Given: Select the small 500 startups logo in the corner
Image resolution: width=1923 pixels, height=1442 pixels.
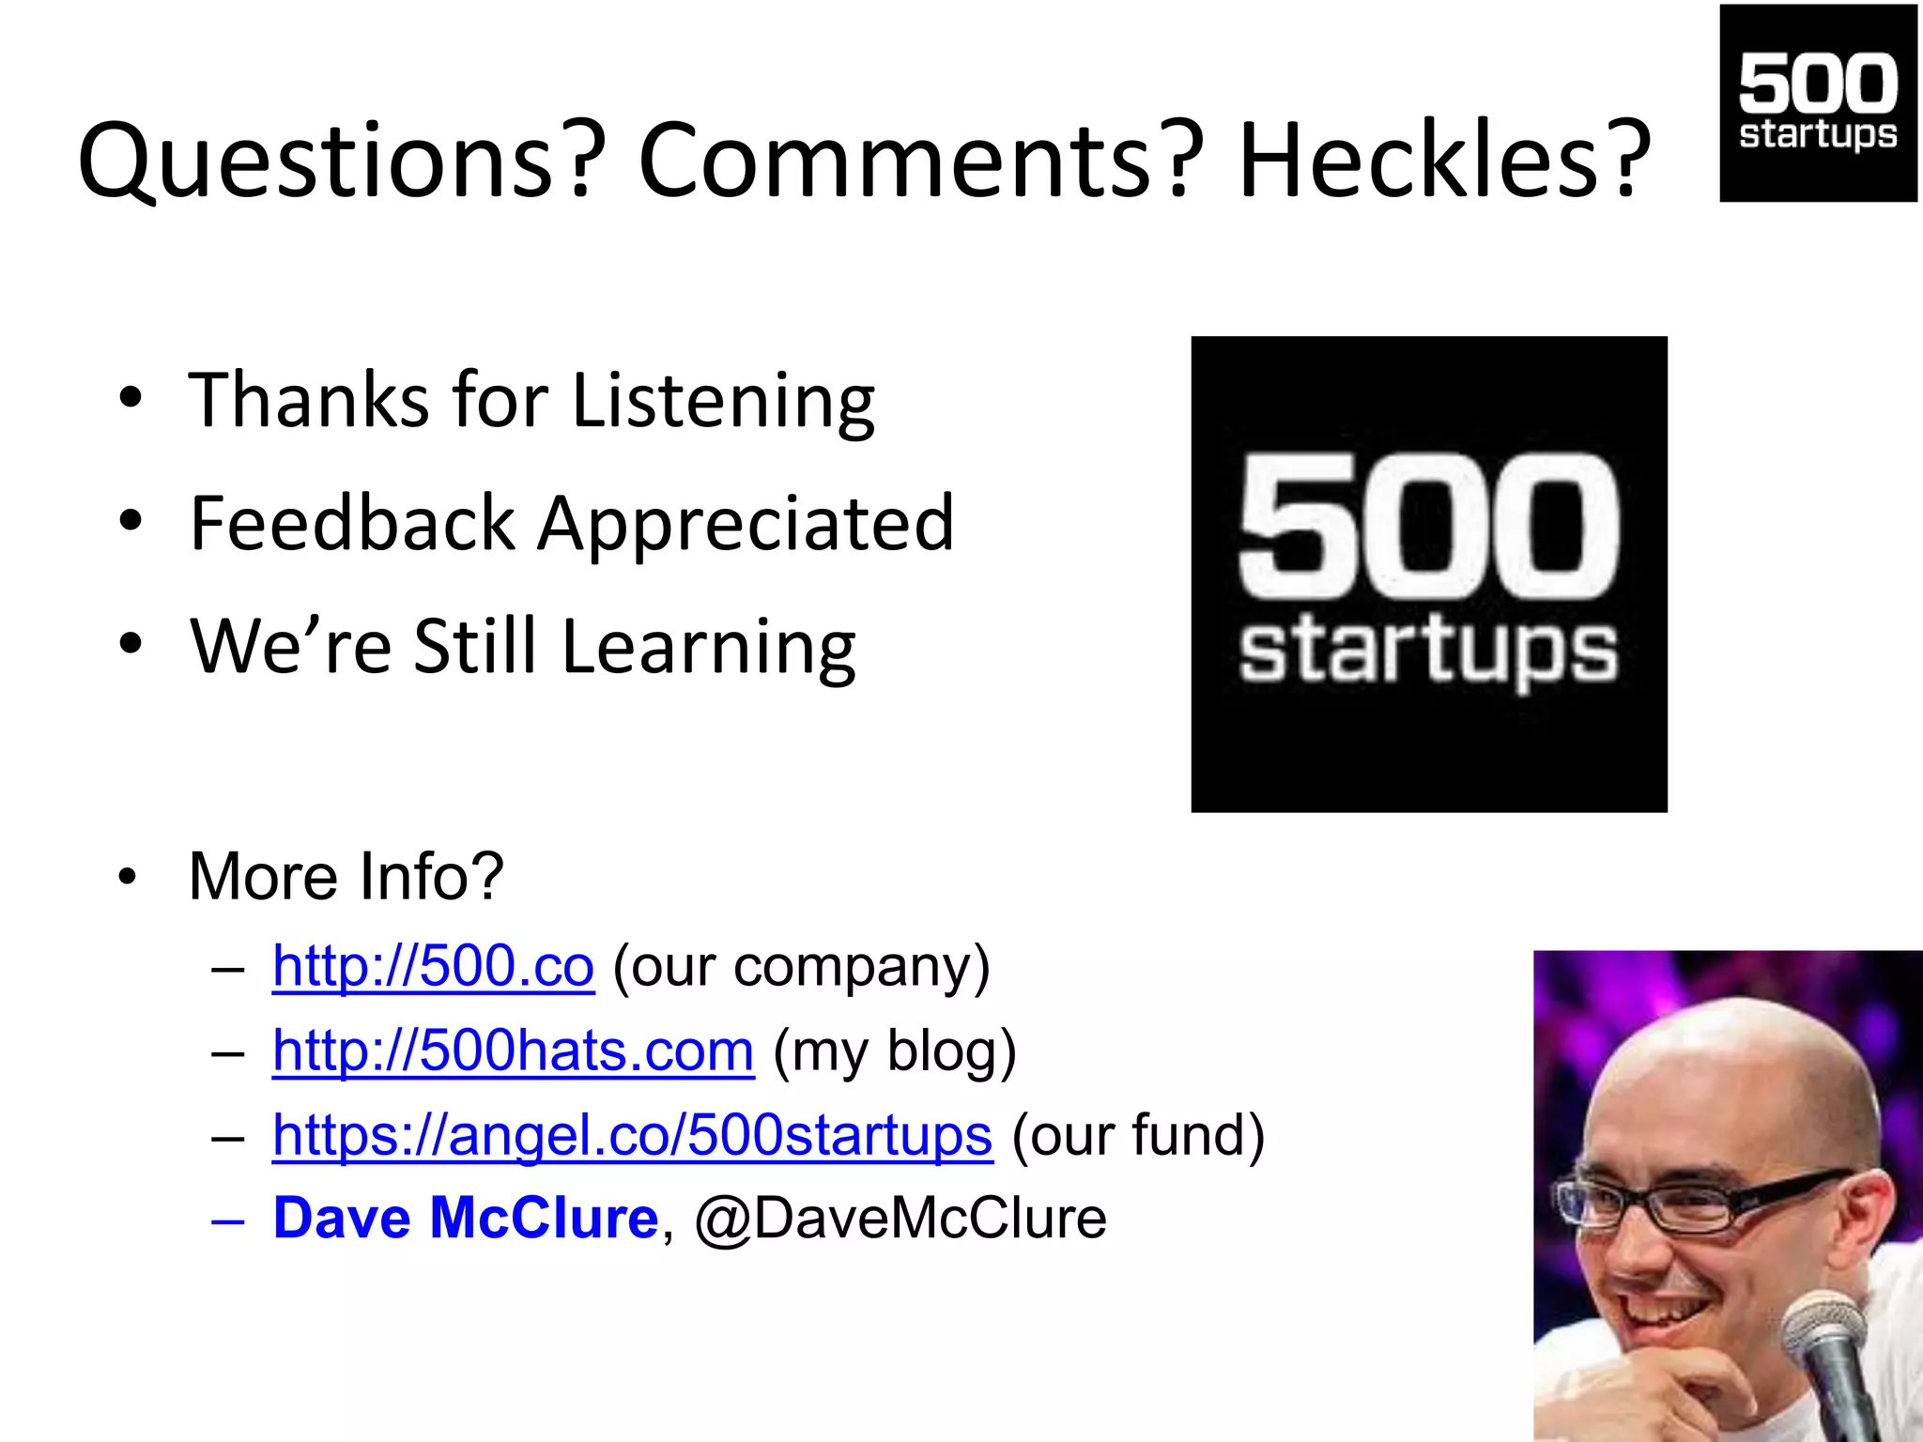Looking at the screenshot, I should tap(1818, 102).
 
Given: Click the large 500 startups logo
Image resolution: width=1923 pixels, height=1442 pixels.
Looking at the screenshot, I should tap(1428, 574).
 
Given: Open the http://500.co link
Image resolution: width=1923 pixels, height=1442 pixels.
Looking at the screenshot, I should tap(433, 966).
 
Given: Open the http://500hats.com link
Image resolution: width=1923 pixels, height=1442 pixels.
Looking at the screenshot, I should tap(513, 1051).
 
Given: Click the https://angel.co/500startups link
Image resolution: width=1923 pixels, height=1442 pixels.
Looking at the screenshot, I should tap(632, 1135).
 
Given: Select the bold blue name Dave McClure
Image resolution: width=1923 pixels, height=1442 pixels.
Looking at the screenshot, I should tap(466, 1219).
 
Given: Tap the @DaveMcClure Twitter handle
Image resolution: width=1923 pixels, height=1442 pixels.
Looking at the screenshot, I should tap(900, 1219).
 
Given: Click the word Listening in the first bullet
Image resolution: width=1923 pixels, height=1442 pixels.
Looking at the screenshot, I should tap(723, 401).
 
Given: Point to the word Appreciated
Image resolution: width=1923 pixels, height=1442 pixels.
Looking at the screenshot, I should tap(746, 524).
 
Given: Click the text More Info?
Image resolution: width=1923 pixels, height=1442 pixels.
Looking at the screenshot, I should tap(346, 876).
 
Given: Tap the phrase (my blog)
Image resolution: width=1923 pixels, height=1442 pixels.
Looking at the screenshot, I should tap(895, 1051).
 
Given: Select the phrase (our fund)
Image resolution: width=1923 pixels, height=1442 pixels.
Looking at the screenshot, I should tap(1138, 1135).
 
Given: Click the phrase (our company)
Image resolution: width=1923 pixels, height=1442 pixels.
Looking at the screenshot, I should tap(801, 966).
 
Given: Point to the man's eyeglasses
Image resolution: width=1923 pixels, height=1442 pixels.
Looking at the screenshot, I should tap(1700, 1202).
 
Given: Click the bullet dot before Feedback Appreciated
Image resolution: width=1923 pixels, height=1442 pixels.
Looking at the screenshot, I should tap(131, 520).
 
